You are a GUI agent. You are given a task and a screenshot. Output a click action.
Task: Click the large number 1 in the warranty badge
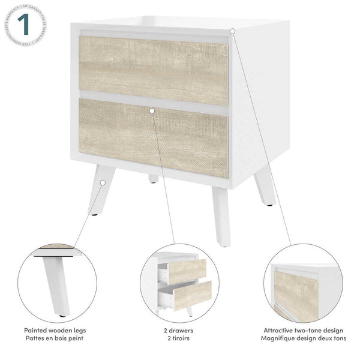point(23,26)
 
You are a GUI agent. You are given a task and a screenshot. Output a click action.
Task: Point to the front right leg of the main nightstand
point(221,210)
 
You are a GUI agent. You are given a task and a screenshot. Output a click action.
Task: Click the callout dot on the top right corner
point(232,30)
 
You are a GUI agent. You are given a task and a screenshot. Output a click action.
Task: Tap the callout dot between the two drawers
point(152,110)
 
